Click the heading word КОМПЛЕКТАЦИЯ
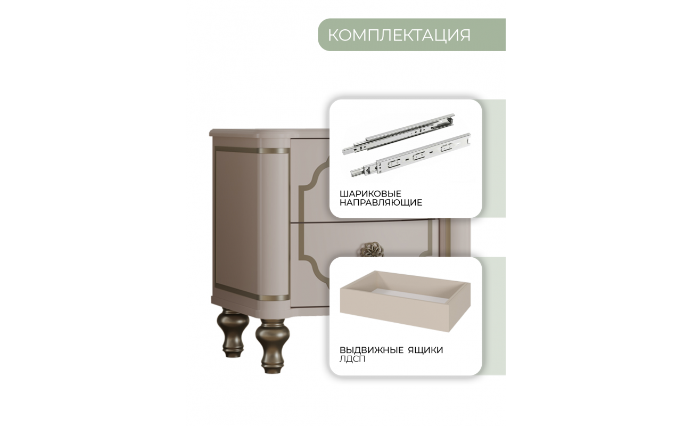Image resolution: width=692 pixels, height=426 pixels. point(399,35)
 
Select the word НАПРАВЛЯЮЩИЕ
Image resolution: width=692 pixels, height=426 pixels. point(381,203)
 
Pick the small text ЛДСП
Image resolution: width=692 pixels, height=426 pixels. point(352,359)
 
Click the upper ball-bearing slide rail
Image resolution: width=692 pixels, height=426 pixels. point(399,134)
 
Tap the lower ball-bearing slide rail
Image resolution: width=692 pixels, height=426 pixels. point(411,154)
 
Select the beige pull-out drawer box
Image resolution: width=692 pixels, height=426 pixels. point(405,301)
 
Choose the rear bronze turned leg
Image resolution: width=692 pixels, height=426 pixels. point(233,333)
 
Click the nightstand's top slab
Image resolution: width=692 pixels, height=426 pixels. point(269,134)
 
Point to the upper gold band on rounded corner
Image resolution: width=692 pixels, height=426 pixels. point(274,151)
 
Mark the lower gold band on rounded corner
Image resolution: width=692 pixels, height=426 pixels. point(274,298)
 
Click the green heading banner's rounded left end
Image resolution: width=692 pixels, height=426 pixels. point(324,35)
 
